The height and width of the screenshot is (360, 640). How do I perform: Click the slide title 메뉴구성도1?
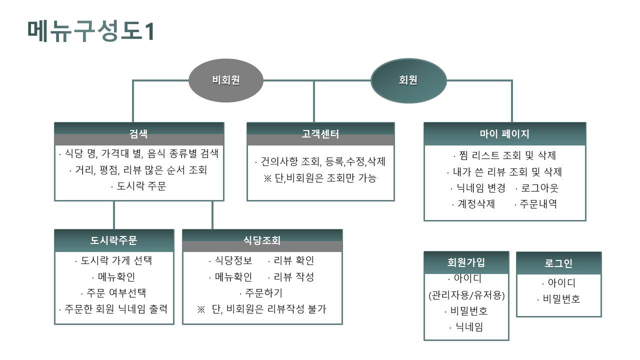click(90, 30)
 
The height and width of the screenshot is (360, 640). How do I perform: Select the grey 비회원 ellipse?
click(226, 79)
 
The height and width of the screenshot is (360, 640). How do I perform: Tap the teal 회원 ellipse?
click(408, 80)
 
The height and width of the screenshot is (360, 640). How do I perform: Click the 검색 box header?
click(138, 134)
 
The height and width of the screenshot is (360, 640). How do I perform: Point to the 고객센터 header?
click(320, 134)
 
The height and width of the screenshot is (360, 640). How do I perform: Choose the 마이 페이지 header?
click(504, 134)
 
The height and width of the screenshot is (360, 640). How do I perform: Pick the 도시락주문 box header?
click(114, 240)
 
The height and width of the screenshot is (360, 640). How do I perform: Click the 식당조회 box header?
click(262, 240)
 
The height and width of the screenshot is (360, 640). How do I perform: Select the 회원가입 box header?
click(466, 262)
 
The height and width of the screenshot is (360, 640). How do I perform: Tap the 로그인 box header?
click(558, 263)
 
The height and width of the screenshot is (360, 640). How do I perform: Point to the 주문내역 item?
click(535, 204)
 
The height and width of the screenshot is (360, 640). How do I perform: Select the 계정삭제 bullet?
click(473, 204)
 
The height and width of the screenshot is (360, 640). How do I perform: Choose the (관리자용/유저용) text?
click(466, 295)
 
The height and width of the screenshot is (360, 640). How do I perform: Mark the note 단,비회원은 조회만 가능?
click(320, 178)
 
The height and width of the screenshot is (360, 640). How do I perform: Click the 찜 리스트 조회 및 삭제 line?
click(504, 155)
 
